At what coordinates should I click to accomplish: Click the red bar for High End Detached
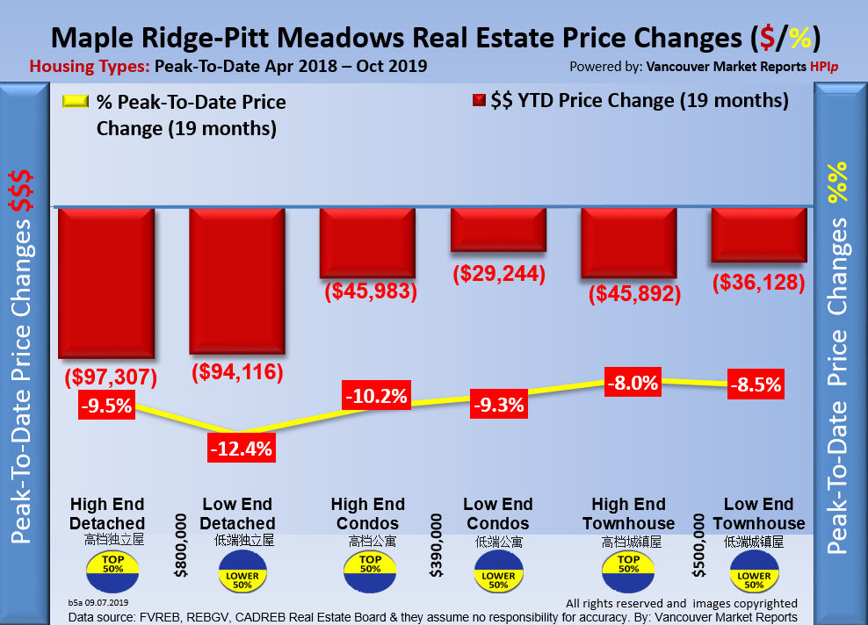[106, 283]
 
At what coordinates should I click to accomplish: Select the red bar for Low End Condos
[498, 230]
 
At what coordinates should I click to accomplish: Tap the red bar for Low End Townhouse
[759, 235]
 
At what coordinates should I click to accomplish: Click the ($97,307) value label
[111, 377]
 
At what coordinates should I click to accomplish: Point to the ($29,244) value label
[499, 273]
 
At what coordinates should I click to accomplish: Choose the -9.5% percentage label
[106, 406]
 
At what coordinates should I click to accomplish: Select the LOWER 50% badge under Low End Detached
[242, 578]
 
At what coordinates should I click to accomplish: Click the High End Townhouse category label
[628, 514]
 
